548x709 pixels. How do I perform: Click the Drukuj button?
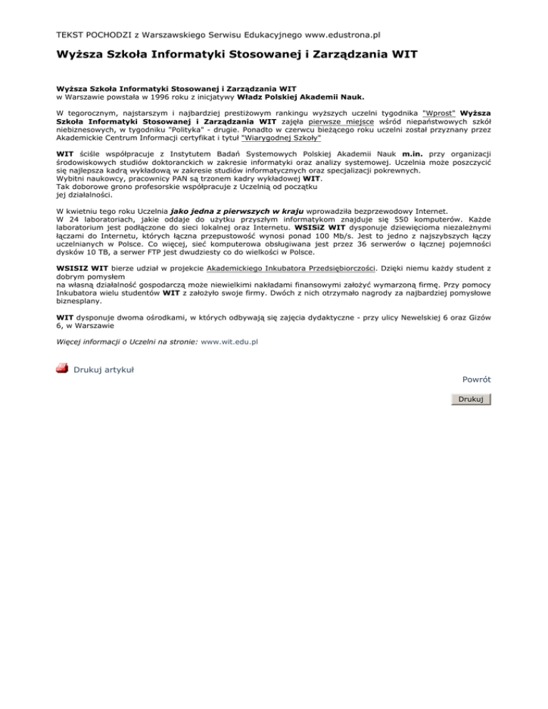coord(471,399)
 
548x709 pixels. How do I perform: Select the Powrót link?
coord(477,379)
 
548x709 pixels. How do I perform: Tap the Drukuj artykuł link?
coord(105,369)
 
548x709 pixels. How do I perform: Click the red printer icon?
coord(62,368)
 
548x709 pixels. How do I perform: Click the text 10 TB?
coord(92,253)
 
